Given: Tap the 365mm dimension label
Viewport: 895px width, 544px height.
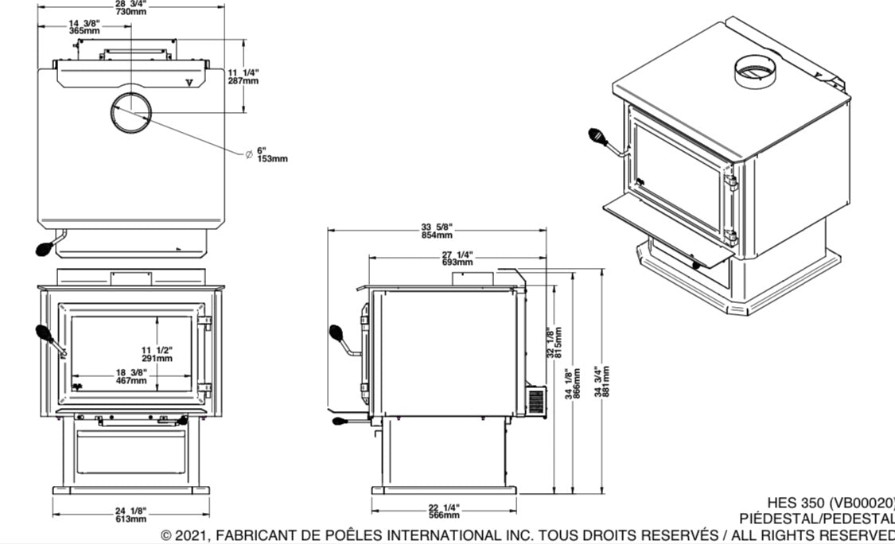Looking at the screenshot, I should [84, 31].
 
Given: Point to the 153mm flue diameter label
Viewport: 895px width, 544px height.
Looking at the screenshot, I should [271, 158].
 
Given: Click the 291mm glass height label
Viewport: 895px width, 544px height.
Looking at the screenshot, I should [158, 358].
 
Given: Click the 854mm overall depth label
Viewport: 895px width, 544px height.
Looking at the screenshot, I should [437, 235].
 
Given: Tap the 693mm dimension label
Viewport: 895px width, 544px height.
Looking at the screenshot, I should [457, 262].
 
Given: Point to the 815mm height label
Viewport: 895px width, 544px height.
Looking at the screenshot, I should [559, 342].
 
